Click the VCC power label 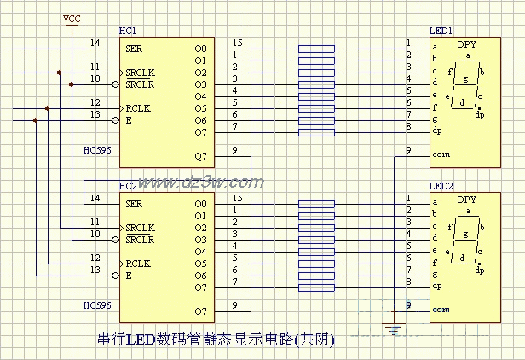tap(72, 18)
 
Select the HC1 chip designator tap(127, 31)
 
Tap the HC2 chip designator tap(127, 185)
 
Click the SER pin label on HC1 tap(134, 49)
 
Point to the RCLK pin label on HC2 tap(137, 264)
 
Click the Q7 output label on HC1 tap(200, 156)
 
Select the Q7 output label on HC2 tap(200, 311)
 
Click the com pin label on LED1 tap(441, 154)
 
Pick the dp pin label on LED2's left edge tap(437, 286)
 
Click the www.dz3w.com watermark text tap(201, 181)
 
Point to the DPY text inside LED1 tap(467, 44)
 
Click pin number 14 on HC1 tap(95, 43)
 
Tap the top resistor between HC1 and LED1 tap(316, 49)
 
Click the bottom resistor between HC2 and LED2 tap(316, 287)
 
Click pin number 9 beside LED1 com tap(409, 150)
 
